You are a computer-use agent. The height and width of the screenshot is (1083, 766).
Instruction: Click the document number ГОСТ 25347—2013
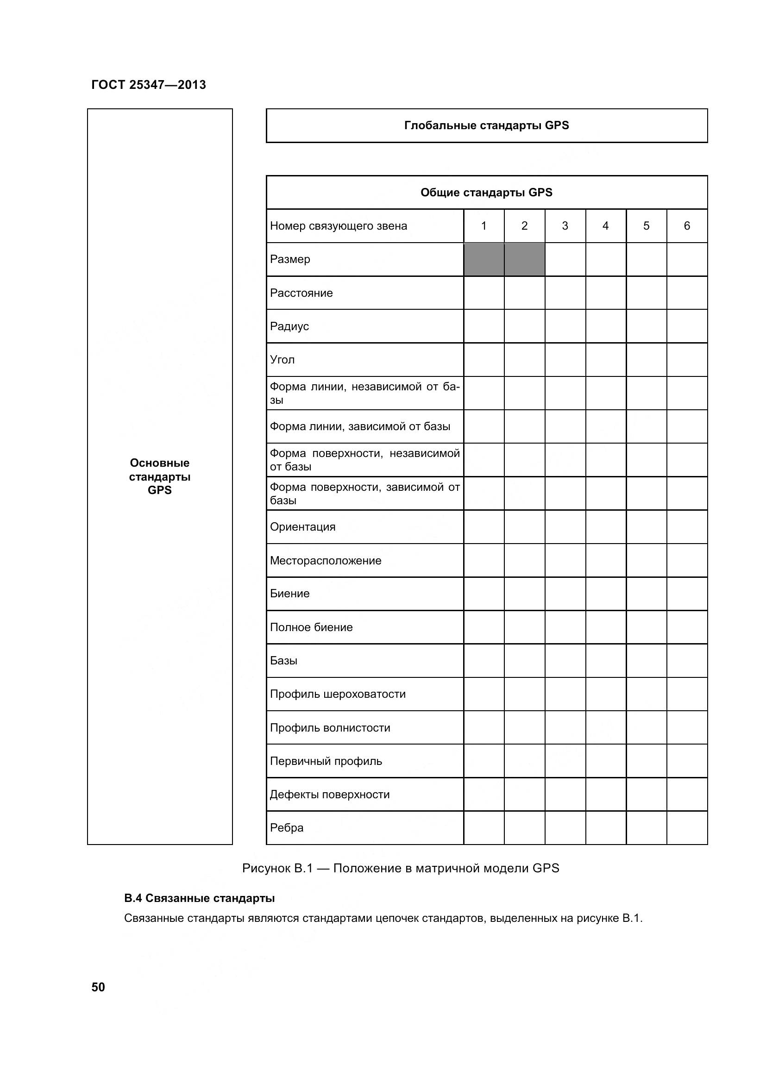pos(149,85)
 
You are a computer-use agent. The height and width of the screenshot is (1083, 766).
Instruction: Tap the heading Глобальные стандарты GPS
pos(486,125)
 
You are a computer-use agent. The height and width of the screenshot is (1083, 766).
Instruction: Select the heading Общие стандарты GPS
pos(486,193)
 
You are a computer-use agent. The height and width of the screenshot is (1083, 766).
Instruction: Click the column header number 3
pos(565,226)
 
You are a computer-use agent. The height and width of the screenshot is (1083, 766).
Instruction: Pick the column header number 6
pos(687,226)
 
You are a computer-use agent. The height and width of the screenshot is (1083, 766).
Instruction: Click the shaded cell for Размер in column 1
pos(484,259)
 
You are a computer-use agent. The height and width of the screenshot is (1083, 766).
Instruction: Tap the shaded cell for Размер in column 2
pos(525,259)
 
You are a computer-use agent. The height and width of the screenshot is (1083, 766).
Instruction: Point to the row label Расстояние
pos(301,293)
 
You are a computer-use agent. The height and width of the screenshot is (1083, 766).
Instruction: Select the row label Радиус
pos(289,326)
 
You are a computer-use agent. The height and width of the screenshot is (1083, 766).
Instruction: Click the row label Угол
pos(282,360)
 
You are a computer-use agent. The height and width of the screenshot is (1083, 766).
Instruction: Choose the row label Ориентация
pos(302,527)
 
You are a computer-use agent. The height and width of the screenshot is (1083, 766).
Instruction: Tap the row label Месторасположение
pos(326,560)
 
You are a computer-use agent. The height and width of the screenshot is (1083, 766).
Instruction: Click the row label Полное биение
pos(311,627)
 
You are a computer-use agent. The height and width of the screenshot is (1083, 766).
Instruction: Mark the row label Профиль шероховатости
pos(338,694)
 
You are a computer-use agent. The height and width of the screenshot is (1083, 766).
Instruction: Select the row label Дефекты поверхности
pos(330,795)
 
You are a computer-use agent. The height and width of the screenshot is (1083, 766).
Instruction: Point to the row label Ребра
pos(286,828)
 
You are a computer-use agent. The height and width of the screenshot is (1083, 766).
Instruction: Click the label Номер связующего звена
pos(338,226)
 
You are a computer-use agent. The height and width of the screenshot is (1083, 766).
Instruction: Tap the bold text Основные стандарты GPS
pos(159,476)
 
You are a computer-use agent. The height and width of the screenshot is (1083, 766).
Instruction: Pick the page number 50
pos(98,987)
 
